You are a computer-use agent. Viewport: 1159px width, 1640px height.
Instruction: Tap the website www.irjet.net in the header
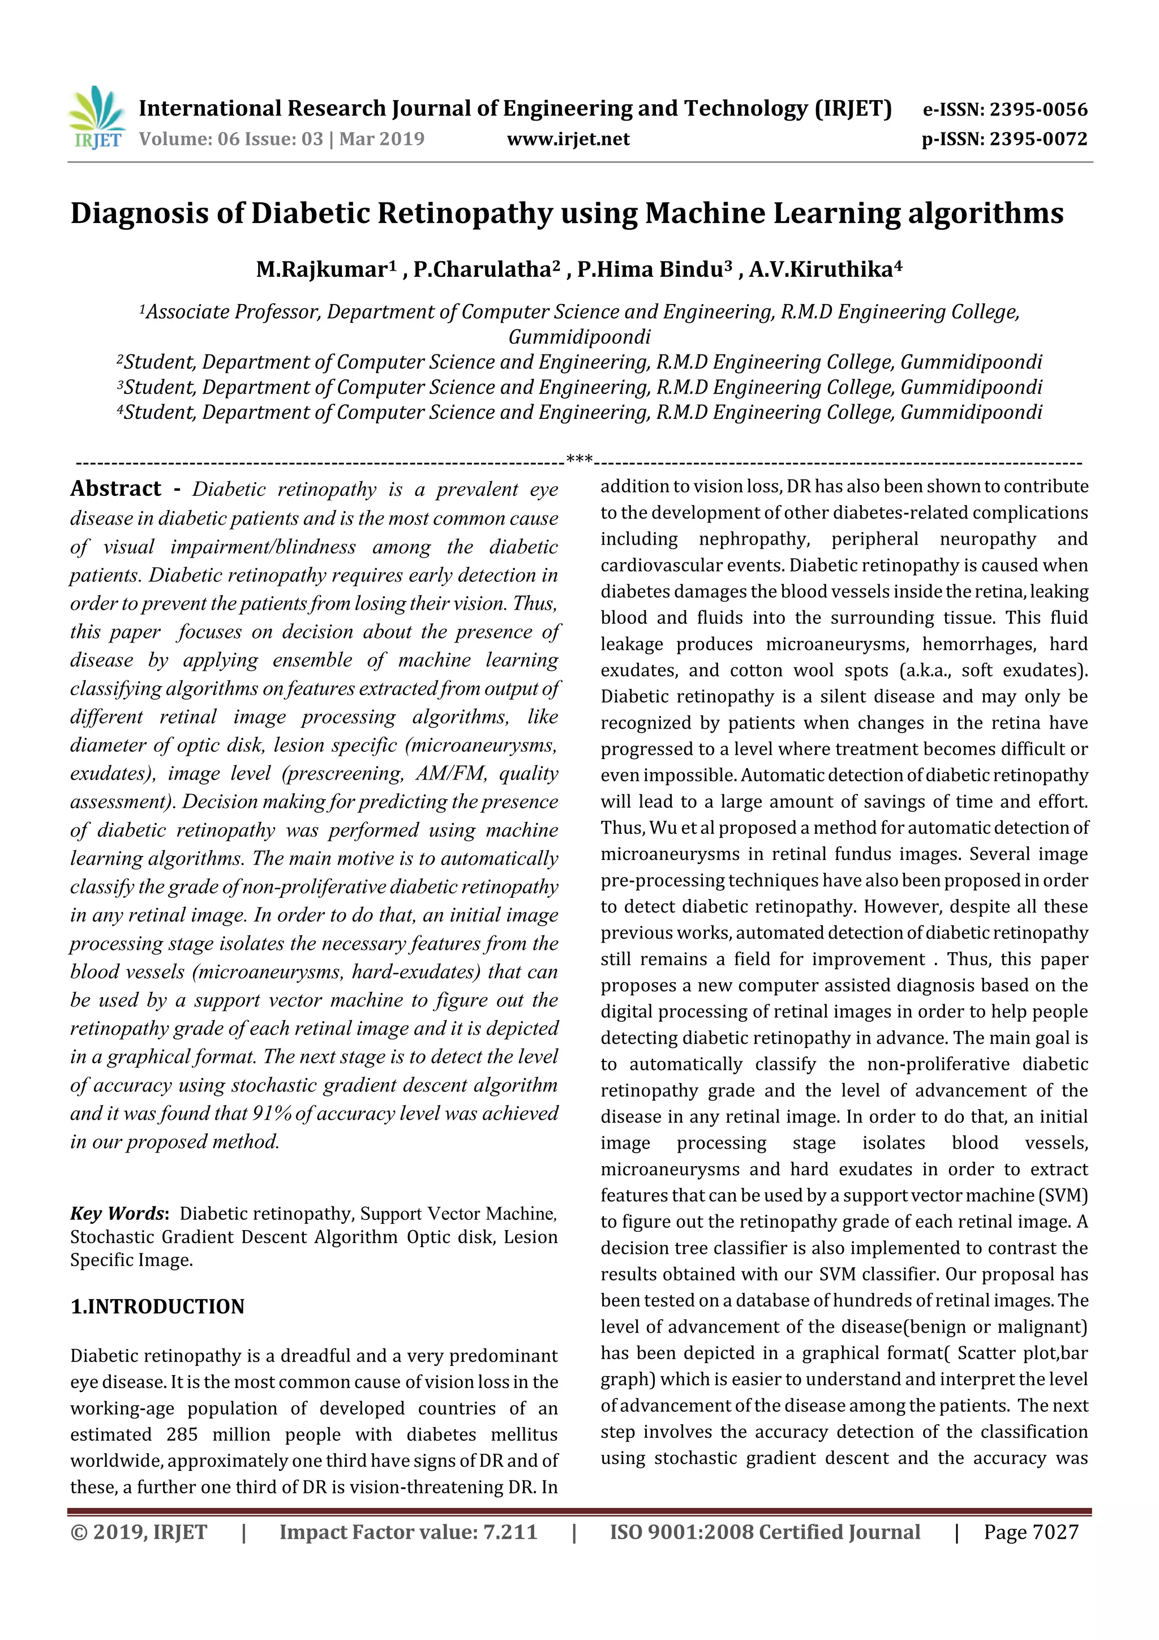[568, 139]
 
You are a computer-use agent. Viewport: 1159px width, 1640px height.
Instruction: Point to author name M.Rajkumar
[321, 270]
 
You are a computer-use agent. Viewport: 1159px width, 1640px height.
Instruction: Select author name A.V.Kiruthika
[821, 270]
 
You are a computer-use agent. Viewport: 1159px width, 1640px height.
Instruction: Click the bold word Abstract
[115, 489]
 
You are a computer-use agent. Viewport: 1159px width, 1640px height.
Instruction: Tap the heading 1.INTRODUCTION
[157, 1307]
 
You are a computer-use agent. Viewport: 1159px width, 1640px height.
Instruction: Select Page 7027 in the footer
[1031, 1532]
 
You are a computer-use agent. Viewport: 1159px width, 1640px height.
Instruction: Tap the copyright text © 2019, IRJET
[139, 1532]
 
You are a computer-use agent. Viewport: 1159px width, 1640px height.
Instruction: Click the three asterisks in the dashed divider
[579, 458]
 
